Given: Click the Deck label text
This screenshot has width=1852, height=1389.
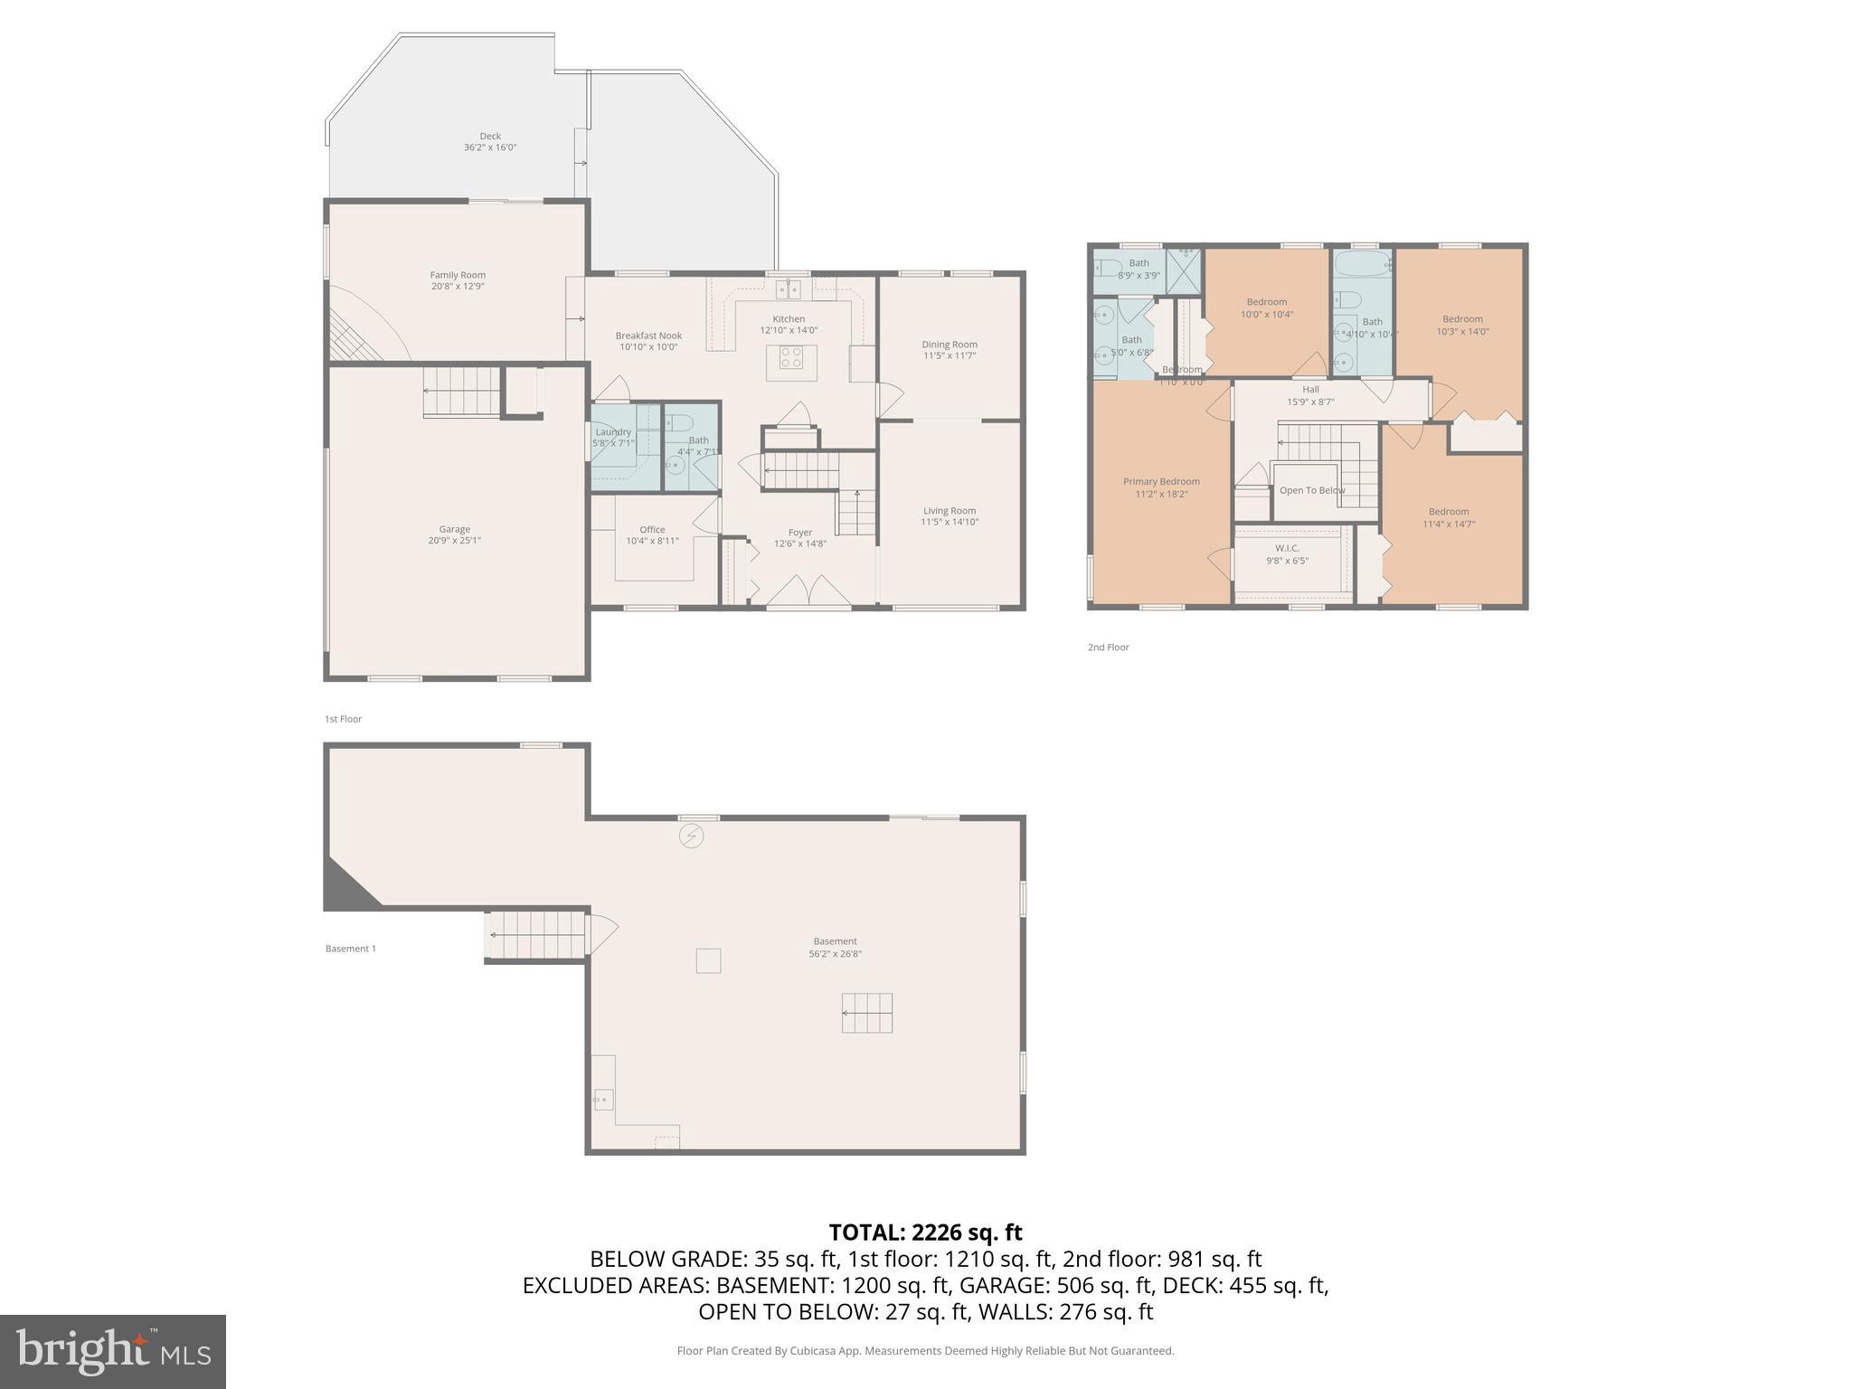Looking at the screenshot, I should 490,137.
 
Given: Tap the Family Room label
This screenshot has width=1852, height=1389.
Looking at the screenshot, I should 458,275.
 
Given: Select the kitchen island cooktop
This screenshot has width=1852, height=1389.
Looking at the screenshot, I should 791,358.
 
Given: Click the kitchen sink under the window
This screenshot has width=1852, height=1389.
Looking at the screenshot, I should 788,289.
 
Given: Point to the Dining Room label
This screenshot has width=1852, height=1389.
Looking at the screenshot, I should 950,345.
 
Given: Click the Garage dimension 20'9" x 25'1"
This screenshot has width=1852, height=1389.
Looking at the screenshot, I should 454,541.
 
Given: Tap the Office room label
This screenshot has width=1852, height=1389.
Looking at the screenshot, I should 652,530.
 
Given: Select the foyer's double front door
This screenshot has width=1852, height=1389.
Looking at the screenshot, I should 809,592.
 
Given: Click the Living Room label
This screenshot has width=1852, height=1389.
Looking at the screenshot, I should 950,510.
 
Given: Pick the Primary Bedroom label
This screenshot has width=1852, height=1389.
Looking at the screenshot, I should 1161,482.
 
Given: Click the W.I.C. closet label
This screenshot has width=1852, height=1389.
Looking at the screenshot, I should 1287,548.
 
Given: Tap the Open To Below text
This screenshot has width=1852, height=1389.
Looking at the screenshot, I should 1312,490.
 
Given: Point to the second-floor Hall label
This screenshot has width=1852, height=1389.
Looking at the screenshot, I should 1310,390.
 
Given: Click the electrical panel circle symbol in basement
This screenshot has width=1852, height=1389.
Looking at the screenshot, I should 691,836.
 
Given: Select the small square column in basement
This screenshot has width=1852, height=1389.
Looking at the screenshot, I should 708,960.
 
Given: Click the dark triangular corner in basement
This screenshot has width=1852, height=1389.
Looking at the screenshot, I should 345,890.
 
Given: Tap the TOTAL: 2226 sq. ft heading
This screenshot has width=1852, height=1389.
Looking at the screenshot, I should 925,1233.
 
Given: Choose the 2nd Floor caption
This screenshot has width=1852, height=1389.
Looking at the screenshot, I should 1108,647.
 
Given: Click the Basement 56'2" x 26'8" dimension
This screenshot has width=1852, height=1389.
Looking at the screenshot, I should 835,953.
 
